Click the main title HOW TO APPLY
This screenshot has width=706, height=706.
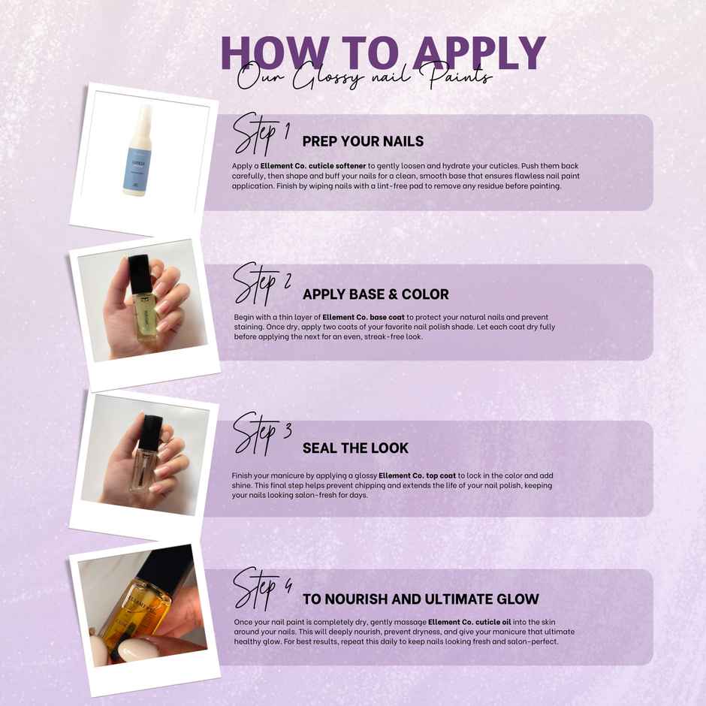(383, 53)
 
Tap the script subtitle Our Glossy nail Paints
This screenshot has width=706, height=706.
(365, 77)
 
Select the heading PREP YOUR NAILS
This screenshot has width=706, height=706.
(363, 141)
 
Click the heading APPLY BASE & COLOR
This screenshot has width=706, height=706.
(376, 294)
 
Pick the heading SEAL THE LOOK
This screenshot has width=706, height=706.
(356, 448)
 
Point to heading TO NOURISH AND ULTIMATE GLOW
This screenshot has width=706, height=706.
(421, 599)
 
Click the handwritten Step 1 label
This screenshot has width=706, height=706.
(261, 134)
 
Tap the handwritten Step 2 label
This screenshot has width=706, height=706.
(262, 284)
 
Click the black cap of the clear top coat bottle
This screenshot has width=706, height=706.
(151, 432)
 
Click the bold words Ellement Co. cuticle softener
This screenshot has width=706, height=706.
(313, 166)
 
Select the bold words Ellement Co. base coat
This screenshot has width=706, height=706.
(364, 317)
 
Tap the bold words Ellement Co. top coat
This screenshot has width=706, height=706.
(418, 475)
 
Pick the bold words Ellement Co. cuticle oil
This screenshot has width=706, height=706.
(469, 622)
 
